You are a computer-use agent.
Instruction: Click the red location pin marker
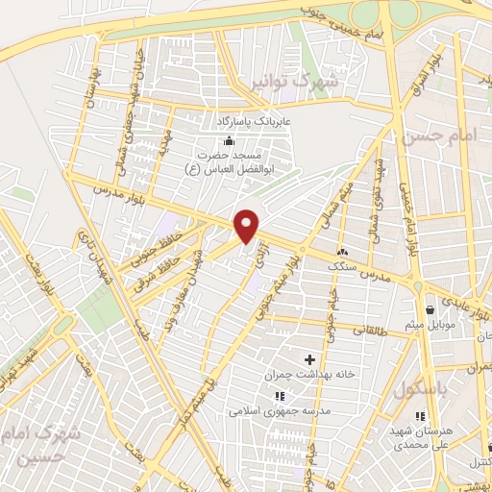click(248, 225)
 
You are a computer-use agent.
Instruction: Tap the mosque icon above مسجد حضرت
click(228, 141)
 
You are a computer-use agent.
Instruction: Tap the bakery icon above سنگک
click(342, 251)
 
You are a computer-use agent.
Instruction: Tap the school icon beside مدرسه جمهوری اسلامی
click(279, 395)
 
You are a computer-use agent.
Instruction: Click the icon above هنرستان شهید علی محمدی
click(420, 415)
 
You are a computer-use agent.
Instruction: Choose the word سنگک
click(342, 265)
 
